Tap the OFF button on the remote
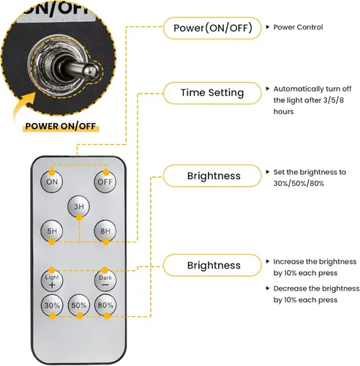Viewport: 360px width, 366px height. coord(105,182)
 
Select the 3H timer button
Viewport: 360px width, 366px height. coord(78,206)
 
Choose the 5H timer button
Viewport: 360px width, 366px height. coord(52,231)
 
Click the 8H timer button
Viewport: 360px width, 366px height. coord(105,231)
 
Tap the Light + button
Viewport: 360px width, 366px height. coord(52,281)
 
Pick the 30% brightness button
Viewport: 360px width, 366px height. coord(52,305)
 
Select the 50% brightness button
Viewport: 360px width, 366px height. coord(79,305)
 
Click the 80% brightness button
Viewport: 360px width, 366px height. coord(105,305)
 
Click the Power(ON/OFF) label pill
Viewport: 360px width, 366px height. coord(212,28)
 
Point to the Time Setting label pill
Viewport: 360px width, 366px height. coord(212,93)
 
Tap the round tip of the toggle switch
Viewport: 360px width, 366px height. coord(91,72)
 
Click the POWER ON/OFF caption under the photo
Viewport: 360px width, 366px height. coord(61,127)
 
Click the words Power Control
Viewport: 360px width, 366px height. coord(298,27)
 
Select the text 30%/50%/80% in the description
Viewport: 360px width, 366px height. coord(299,183)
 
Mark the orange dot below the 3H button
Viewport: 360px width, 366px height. coord(79,217)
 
